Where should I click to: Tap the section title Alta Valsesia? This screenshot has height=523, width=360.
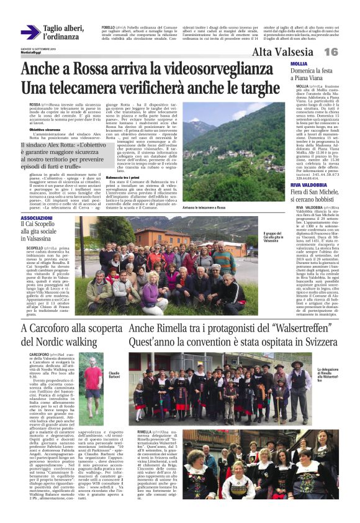[x=282, y=52]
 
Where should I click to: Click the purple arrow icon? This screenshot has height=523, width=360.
[x=30, y=32]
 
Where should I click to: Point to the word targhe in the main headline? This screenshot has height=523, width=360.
[x=263, y=87]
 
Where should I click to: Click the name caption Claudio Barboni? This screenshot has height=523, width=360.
[x=114, y=358]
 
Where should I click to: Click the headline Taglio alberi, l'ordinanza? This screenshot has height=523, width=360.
[x=63, y=32]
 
